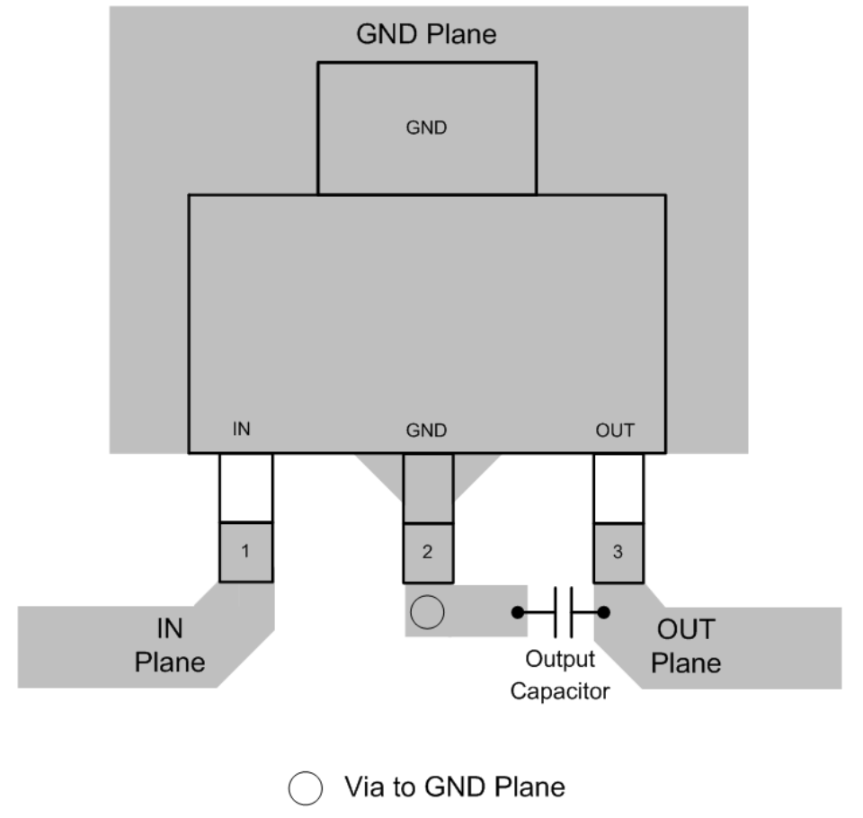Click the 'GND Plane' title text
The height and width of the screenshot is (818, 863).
426,35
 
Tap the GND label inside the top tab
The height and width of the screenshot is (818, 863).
426,128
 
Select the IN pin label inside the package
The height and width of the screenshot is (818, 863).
241,430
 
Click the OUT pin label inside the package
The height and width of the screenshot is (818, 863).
615,430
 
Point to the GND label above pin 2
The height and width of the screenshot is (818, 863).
426,430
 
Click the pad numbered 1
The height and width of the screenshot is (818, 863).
245,552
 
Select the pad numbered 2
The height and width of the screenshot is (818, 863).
427,552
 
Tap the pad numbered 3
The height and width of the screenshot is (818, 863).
618,552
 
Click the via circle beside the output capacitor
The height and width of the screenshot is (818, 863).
427,613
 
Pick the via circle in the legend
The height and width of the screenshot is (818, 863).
304,789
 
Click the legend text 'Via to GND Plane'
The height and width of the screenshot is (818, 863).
455,787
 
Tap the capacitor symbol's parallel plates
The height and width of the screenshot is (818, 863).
564,613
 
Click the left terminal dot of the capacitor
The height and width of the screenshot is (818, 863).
518,613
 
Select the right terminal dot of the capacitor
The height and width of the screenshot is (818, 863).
604,613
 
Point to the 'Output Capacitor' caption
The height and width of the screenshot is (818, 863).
559,675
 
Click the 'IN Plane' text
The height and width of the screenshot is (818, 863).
170,645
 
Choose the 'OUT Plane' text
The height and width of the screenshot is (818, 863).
686,645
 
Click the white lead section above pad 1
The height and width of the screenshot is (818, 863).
245,487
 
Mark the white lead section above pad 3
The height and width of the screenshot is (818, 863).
618,487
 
